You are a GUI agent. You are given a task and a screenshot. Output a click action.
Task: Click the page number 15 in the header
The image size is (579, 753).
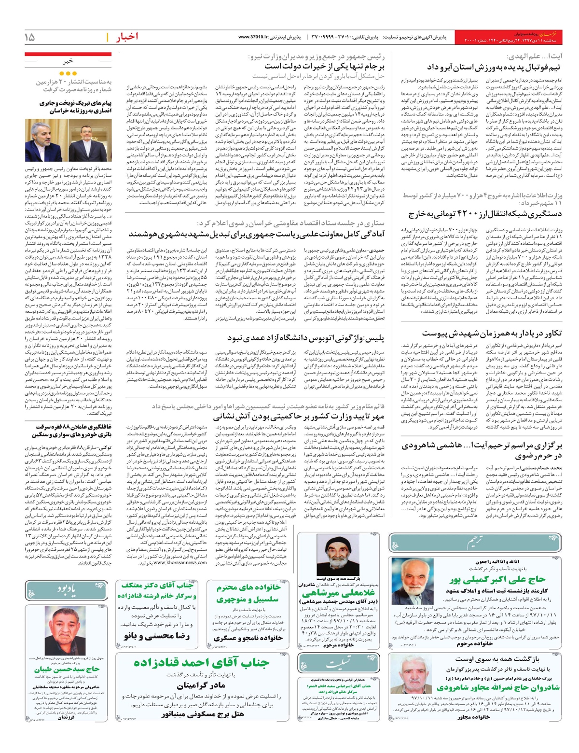coord(30,37)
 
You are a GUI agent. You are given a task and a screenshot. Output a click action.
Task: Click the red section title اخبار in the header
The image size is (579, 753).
coord(127,37)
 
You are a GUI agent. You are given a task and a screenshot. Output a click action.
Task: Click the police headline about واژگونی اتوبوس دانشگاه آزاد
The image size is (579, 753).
coord(305,338)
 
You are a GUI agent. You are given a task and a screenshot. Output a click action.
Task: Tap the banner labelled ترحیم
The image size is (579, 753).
coord(475,543)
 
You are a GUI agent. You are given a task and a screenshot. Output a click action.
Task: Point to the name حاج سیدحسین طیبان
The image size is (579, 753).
coord(67,669)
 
